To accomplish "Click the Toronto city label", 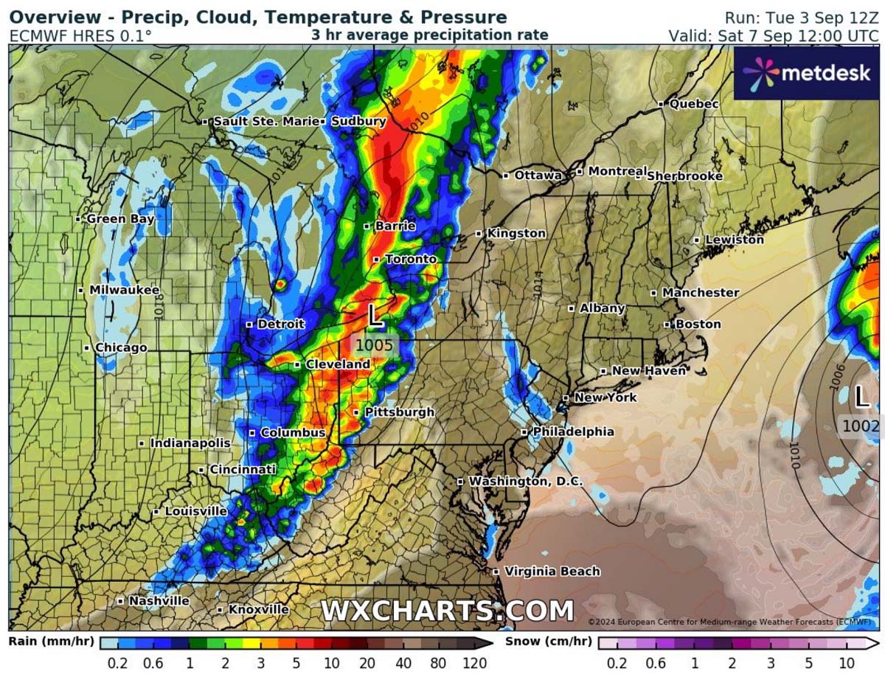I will [410, 260].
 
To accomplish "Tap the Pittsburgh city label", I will [399, 412].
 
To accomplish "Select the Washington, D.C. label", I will [525, 482].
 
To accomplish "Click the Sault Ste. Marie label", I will [265, 122].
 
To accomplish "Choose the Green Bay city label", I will [120, 219].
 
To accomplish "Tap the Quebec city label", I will [693, 105].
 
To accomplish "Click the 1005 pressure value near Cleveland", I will [374, 344].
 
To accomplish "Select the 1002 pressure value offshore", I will [860, 426].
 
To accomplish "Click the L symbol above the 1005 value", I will [375, 317].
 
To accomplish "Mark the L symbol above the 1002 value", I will [861, 398].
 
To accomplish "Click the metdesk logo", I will [808, 73].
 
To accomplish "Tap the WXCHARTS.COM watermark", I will [447, 611].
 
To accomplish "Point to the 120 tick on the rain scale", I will [473, 663].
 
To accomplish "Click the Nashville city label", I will [159, 601].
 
